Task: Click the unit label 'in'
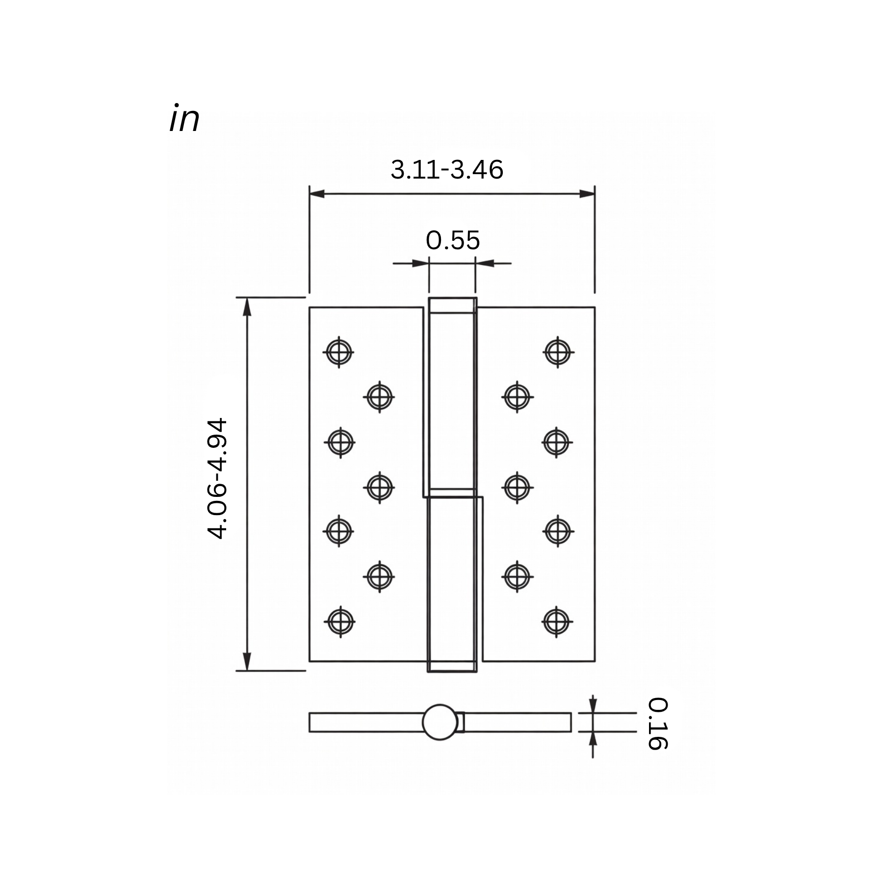184,119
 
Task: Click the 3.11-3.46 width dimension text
446,170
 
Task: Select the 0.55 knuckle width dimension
452,240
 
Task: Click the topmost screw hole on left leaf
338,352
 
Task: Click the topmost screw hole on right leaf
558,352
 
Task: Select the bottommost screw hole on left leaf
340,622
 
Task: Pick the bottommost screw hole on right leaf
556,622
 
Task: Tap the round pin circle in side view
440,722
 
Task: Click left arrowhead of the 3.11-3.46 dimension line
317,194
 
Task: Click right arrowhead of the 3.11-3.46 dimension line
587,194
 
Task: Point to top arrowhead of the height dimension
247,306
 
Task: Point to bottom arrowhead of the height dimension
247,662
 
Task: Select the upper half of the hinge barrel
452,397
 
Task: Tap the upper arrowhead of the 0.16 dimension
593,705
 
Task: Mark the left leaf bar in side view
365,722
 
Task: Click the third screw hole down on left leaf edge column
338,531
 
